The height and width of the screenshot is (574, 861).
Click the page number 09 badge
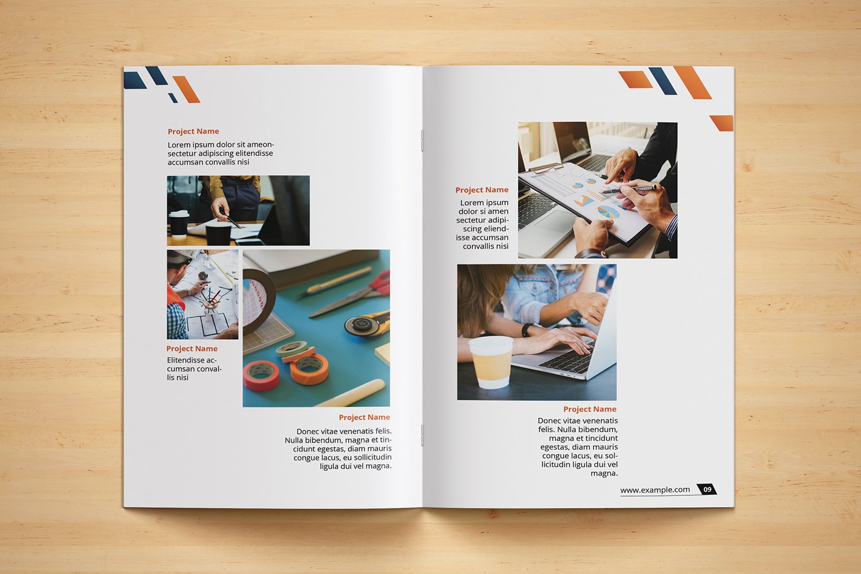[707, 489]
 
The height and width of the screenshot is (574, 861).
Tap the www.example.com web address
[655, 490]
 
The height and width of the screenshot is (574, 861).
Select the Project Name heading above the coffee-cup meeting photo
[193, 131]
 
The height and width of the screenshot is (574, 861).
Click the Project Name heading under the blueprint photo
[192, 349]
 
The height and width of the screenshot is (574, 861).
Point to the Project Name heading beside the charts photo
[482, 190]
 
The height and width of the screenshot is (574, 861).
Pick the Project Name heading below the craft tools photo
[364, 417]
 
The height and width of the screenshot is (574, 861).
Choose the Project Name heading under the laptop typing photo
[589, 409]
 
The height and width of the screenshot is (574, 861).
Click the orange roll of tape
[309, 369]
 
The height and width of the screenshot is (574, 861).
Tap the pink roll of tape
[261, 376]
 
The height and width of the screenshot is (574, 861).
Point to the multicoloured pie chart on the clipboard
[608, 212]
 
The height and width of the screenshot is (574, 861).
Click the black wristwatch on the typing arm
[527, 329]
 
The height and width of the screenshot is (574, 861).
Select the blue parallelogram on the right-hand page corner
[662, 81]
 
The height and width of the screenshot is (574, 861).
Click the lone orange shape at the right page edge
[722, 123]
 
